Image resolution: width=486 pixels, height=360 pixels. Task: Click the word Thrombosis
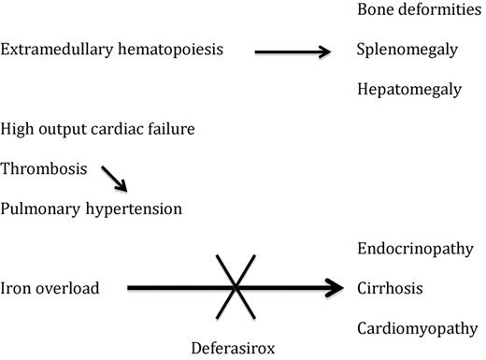pos(44,169)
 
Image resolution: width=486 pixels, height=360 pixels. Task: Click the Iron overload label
pos(50,288)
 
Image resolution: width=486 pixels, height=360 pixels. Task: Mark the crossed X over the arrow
pos(230,288)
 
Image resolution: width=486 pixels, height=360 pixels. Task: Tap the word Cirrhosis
pos(388,288)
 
